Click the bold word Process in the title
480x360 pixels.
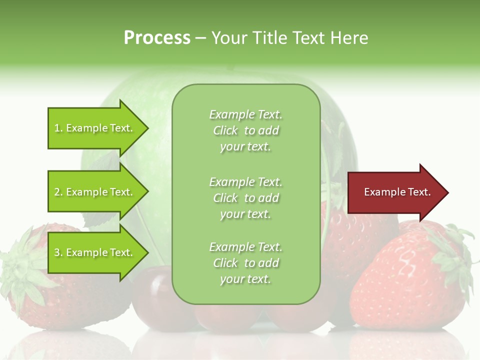coord(157,38)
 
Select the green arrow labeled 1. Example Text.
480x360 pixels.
coord(95,128)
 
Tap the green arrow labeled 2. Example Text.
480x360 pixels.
coord(95,192)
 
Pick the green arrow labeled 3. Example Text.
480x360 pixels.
coord(95,252)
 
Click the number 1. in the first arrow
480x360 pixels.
coord(58,128)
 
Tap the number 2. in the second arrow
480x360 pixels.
coord(58,192)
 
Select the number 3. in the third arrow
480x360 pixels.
coord(58,253)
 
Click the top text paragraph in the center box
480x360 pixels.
coord(245,130)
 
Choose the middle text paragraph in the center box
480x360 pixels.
coord(245,198)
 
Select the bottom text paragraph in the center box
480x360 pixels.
coord(245,263)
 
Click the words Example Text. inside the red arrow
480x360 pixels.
coord(397,192)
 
